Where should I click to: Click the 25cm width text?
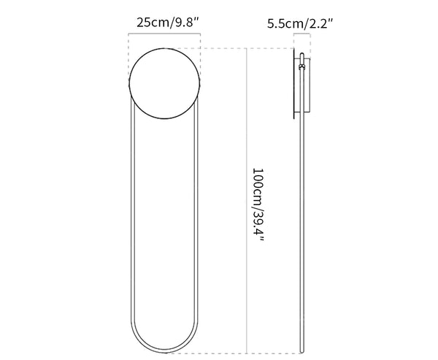(153, 23)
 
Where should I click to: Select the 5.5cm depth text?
(285, 24)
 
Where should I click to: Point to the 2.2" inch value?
(320, 24)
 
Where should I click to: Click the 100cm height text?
(258, 185)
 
